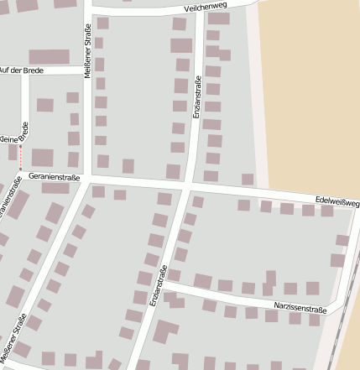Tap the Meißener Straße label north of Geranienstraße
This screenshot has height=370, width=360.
88,50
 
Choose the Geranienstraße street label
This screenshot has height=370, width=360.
54,177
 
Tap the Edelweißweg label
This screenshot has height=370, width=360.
337,202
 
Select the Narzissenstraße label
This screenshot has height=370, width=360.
300,309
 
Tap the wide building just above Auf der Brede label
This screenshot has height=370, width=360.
50,56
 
